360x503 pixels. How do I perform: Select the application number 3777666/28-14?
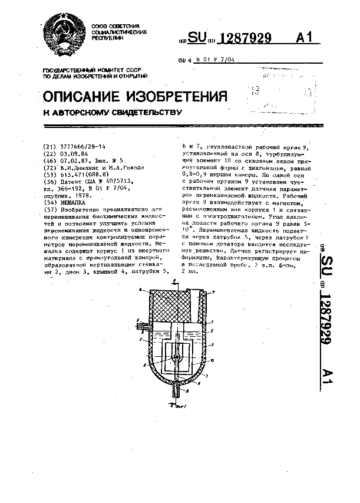point(82,146)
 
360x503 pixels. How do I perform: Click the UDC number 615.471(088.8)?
point(83,175)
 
